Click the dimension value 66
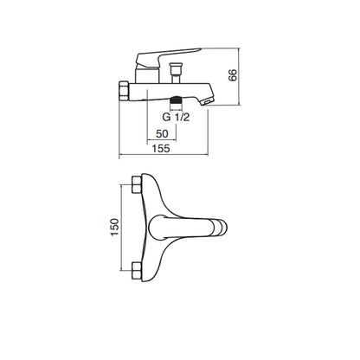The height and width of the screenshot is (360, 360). [233, 75]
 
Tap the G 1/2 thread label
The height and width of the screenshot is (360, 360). [176, 117]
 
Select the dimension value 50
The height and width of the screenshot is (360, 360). [162, 134]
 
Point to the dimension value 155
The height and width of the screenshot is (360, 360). [161, 149]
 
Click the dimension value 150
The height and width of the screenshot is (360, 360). [115, 228]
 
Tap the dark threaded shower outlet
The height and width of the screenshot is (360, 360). [176, 100]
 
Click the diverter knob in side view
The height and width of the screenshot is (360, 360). [176, 69]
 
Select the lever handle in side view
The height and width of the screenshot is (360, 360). [167, 57]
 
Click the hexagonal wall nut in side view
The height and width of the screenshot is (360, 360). [124, 91]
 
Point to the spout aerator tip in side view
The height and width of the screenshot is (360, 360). [208, 101]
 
